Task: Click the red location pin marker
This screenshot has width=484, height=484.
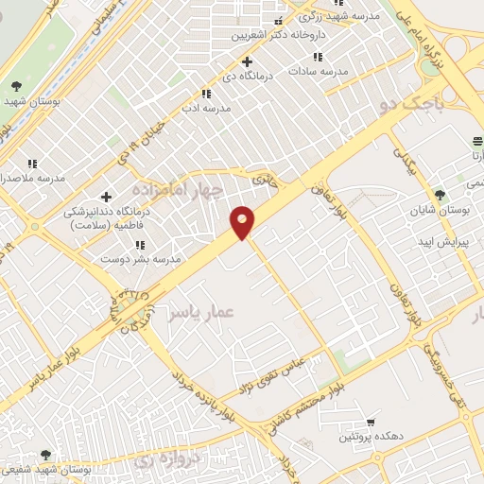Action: pyautogui.click(x=243, y=221)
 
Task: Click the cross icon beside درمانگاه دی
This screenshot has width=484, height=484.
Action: pyautogui.click(x=247, y=61)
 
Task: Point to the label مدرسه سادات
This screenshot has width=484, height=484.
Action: pyautogui.click(x=320, y=71)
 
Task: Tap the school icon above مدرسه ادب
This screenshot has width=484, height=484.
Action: pyautogui.click(x=206, y=94)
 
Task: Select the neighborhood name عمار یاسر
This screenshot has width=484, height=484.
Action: pyautogui.click(x=199, y=312)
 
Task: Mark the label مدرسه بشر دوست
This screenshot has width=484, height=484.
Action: pyautogui.click(x=140, y=259)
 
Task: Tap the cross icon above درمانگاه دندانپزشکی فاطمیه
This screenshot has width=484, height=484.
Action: pyautogui.click(x=106, y=198)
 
